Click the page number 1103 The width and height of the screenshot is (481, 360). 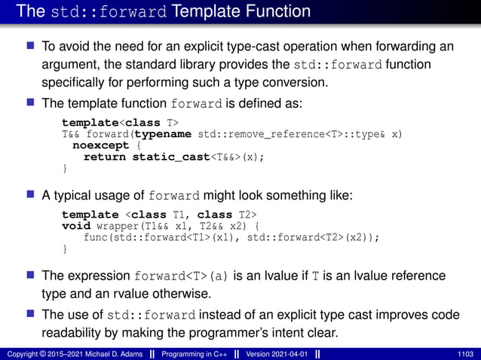point(466,353)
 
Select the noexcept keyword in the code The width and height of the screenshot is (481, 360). point(99,146)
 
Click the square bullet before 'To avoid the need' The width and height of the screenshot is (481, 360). point(32,47)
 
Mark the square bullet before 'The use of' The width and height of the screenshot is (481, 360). point(32,313)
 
